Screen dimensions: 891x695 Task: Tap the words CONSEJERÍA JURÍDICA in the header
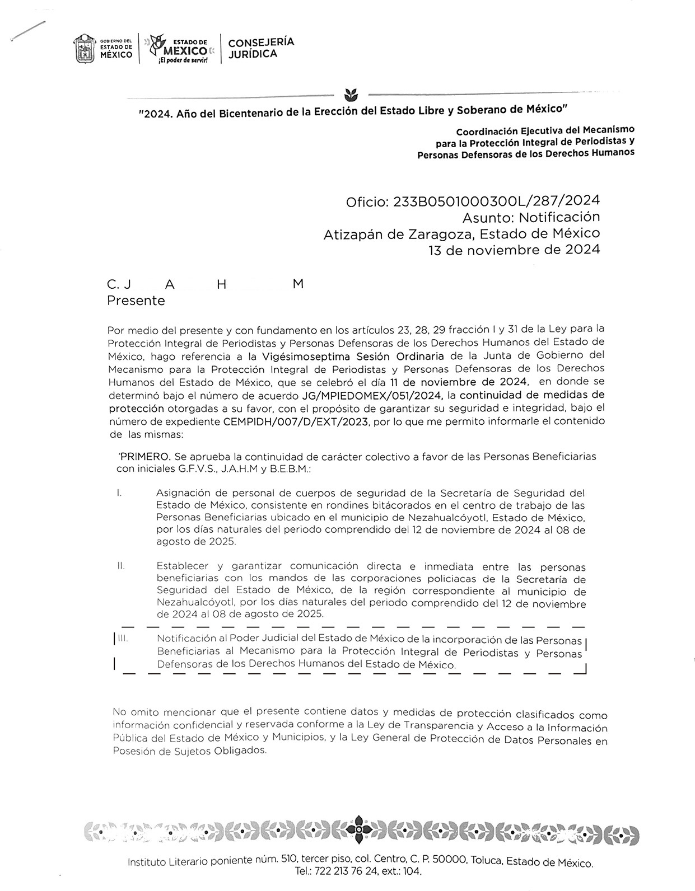click(261, 48)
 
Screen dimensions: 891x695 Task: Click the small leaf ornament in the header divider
click(351, 92)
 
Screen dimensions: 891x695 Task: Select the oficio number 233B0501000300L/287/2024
click(497, 201)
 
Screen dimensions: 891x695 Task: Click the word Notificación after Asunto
click(559, 217)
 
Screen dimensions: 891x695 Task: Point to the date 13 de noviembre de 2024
click(514, 250)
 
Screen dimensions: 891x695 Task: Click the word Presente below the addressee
click(136, 301)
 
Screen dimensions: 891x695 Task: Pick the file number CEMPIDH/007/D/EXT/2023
click(296, 422)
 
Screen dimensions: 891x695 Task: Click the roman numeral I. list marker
click(119, 493)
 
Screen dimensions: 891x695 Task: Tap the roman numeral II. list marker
click(120, 566)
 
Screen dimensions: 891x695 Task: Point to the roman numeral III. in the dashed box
click(123, 638)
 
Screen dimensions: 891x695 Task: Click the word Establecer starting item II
click(182, 566)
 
